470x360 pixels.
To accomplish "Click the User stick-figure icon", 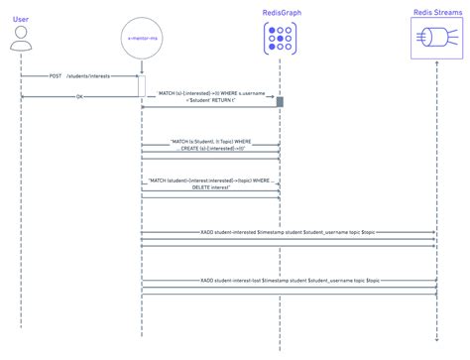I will point(19,40).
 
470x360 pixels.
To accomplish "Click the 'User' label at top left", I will point(19,12).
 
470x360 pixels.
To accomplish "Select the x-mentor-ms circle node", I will point(141,39).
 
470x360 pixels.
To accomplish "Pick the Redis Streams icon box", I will point(436,41).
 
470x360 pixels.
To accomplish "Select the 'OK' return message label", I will point(80,96).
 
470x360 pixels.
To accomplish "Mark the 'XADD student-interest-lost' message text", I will point(288,282).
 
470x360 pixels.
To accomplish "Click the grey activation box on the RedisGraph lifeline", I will point(281,102).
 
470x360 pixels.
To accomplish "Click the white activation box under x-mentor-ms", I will point(141,87).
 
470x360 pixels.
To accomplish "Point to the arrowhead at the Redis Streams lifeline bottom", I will point(436,343).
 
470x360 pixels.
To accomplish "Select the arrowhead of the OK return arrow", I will point(23,96).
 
